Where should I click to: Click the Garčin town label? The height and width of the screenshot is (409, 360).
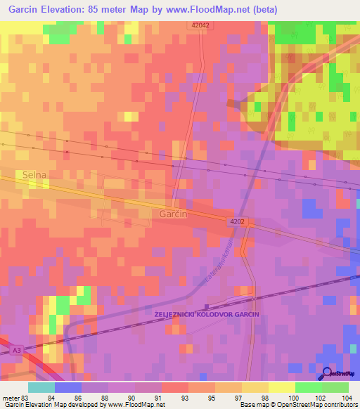[172, 214]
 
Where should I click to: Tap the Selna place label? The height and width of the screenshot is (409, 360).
[34, 174]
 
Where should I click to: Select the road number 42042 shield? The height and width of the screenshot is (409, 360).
[200, 25]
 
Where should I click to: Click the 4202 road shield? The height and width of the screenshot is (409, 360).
[236, 221]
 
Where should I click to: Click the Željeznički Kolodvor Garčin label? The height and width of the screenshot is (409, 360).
[207, 314]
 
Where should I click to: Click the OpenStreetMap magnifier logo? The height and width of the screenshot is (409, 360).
[327, 372]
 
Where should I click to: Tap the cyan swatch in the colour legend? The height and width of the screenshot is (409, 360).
[41, 387]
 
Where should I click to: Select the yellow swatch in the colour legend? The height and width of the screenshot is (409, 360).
[282, 387]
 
